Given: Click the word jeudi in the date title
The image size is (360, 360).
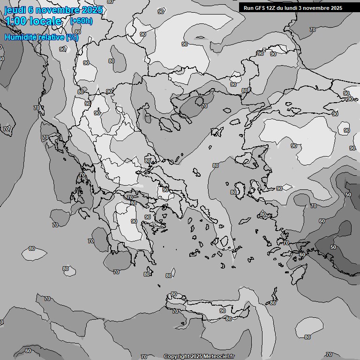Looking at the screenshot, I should [15, 10].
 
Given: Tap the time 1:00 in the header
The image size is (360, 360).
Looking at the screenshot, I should [15, 21].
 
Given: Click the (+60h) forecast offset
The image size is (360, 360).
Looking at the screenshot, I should [81, 21].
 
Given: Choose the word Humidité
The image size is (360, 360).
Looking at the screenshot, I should [19, 37].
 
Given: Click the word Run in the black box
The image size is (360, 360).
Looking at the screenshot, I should [248, 8].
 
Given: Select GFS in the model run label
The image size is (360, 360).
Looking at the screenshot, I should [261, 8].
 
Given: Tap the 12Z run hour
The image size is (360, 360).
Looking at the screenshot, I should [272, 8].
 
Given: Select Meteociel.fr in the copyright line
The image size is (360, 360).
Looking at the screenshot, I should [219, 357].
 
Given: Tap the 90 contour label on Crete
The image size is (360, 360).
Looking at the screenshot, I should [223, 311].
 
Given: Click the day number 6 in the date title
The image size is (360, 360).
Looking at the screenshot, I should [30, 10].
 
